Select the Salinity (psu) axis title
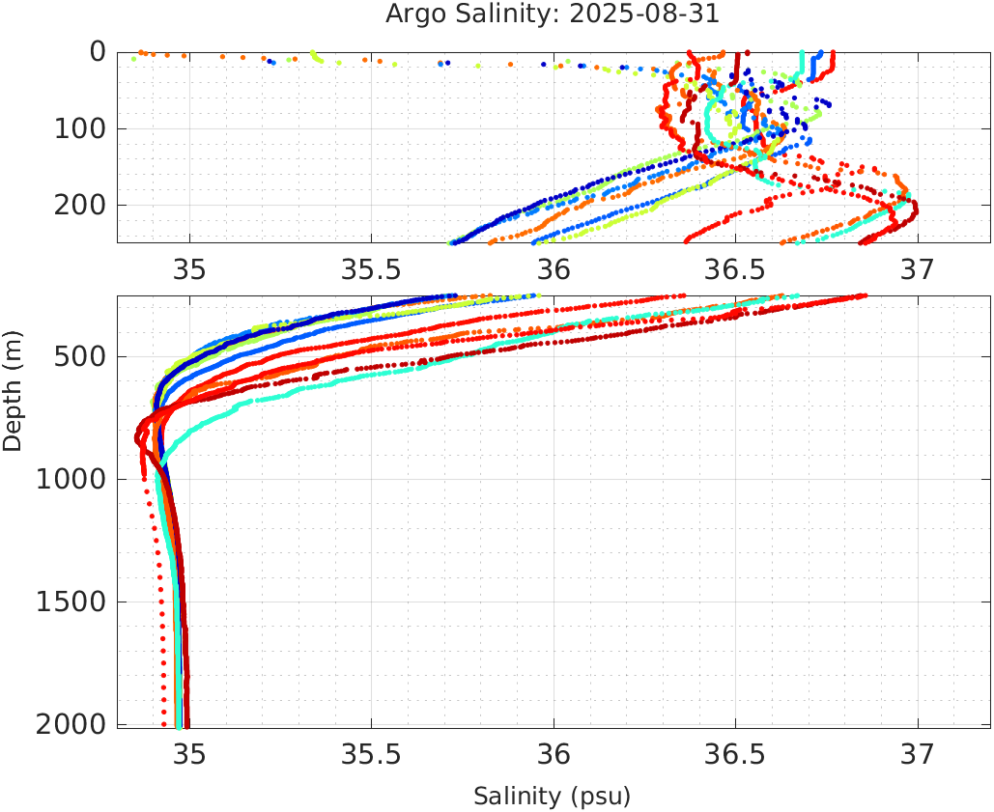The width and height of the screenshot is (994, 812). pyautogui.click(x=552, y=797)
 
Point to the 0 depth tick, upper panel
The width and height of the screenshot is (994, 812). pyautogui.click(x=98, y=51)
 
